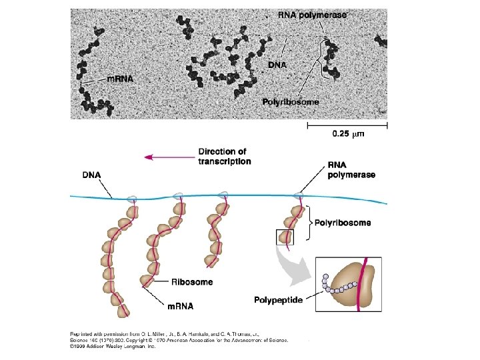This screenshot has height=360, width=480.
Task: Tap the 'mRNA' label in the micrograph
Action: [x=121, y=78]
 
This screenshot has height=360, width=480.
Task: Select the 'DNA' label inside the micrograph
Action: [x=277, y=65]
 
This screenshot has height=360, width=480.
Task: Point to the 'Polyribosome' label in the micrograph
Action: [x=290, y=103]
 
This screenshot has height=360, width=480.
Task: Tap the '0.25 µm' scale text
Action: [x=348, y=134]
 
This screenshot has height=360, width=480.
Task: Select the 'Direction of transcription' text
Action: [x=225, y=157]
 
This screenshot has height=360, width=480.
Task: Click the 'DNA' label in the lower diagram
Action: [x=92, y=175]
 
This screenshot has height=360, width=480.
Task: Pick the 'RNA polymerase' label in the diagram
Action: [x=351, y=171]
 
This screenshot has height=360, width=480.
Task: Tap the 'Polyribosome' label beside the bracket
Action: [x=342, y=223]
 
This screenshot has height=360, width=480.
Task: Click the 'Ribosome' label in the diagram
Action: [x=192, y=282]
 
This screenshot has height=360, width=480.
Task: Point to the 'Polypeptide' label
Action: [x=278, y=300]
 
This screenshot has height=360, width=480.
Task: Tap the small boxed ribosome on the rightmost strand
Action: [x=285, y=236]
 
